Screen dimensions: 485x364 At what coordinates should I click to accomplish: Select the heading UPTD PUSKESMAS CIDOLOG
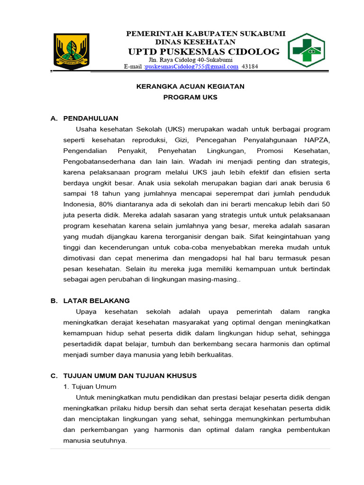[x=204, y=52]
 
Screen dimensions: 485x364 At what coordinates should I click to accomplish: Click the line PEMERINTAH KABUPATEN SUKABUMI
[x=205, y=34]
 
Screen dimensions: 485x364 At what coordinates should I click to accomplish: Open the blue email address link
[x=191, y=67]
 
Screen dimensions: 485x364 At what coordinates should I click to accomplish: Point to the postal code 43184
[x=250, y=67]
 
